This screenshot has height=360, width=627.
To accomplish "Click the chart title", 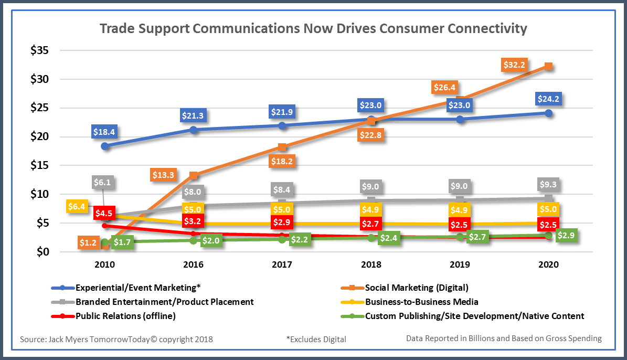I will click(313, 28).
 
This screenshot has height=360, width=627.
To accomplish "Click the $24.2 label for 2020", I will click(548, 98).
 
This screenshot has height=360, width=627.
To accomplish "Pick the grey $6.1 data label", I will click(102, 183).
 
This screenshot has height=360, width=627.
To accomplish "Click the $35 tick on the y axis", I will click(40, 51).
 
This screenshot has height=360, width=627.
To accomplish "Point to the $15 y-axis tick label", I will click(40, 165).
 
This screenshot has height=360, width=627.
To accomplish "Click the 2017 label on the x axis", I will click(282, 266).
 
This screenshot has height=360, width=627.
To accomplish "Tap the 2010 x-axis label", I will click(105, 266).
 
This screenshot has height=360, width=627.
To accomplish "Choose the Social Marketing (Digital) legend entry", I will click(416, 288).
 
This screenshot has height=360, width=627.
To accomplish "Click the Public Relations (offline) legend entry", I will click(125, 316).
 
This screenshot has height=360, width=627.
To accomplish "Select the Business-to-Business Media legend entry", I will click(421, 302).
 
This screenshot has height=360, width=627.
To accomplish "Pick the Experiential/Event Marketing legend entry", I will click(138, 288).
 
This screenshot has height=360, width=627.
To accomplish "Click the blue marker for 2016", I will click(194, 130).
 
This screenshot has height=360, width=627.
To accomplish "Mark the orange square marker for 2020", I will click(548, 67).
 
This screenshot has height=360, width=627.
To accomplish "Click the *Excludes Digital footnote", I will click(316, 339).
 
